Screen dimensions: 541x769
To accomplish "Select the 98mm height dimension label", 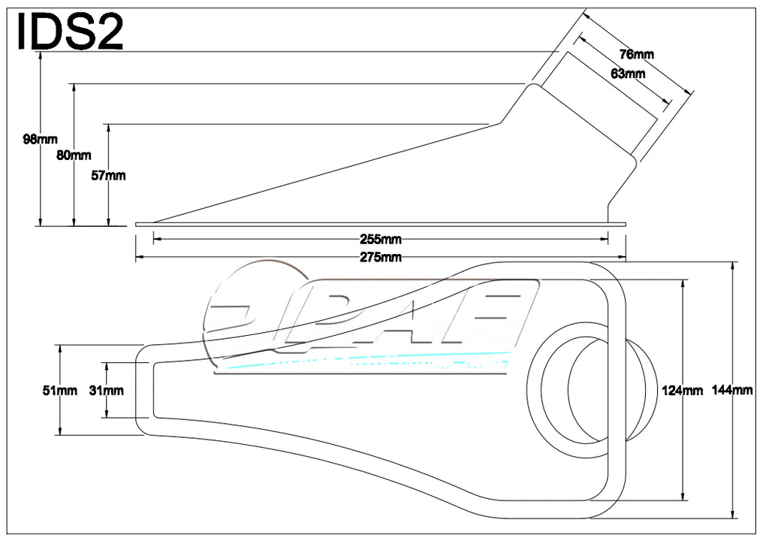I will tap(40, 138).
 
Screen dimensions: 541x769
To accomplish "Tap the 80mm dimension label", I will tap(74, 156).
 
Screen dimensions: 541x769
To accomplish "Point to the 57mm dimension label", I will tap(108, 176).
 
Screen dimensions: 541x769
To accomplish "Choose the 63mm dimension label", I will tap(628, 74).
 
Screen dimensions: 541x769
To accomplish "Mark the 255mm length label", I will tap(381, 240).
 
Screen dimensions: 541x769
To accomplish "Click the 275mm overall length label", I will tap(381, 258).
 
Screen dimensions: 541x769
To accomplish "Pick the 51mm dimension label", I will tap(60, 390).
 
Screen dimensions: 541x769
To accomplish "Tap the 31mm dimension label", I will tap(107, 390).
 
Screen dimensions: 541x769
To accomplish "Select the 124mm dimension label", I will tap(682, 390).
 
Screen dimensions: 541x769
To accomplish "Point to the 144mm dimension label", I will tap(732, 390).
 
